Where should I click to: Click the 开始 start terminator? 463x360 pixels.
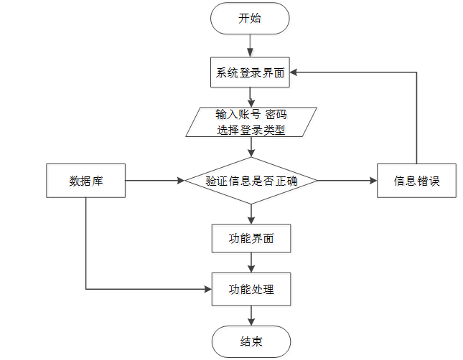[250, 18]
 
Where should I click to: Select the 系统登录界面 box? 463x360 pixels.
[250, 72]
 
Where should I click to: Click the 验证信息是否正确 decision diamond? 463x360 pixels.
[251, 181]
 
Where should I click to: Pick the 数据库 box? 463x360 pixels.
[86, 181]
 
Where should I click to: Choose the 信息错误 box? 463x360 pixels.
[416, 181]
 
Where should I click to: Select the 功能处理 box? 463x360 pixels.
[251, 290]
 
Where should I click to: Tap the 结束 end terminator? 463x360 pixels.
[251, 341]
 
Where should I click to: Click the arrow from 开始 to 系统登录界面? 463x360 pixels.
[250, 44]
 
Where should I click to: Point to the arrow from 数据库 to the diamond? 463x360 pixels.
[155, 181]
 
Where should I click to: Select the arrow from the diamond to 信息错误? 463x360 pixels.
[347, 181]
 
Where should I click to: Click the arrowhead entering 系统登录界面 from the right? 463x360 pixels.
[295, 72]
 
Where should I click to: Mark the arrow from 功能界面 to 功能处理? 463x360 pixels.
[251, 262]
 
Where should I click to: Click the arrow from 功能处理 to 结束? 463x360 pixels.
[251, 316]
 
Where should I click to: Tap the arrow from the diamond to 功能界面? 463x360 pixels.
[251, 214]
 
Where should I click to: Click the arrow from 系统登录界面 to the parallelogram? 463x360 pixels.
[250, 97]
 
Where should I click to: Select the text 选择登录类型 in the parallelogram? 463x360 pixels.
[250, 130]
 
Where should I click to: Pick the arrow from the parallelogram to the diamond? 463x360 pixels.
[251, 147]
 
